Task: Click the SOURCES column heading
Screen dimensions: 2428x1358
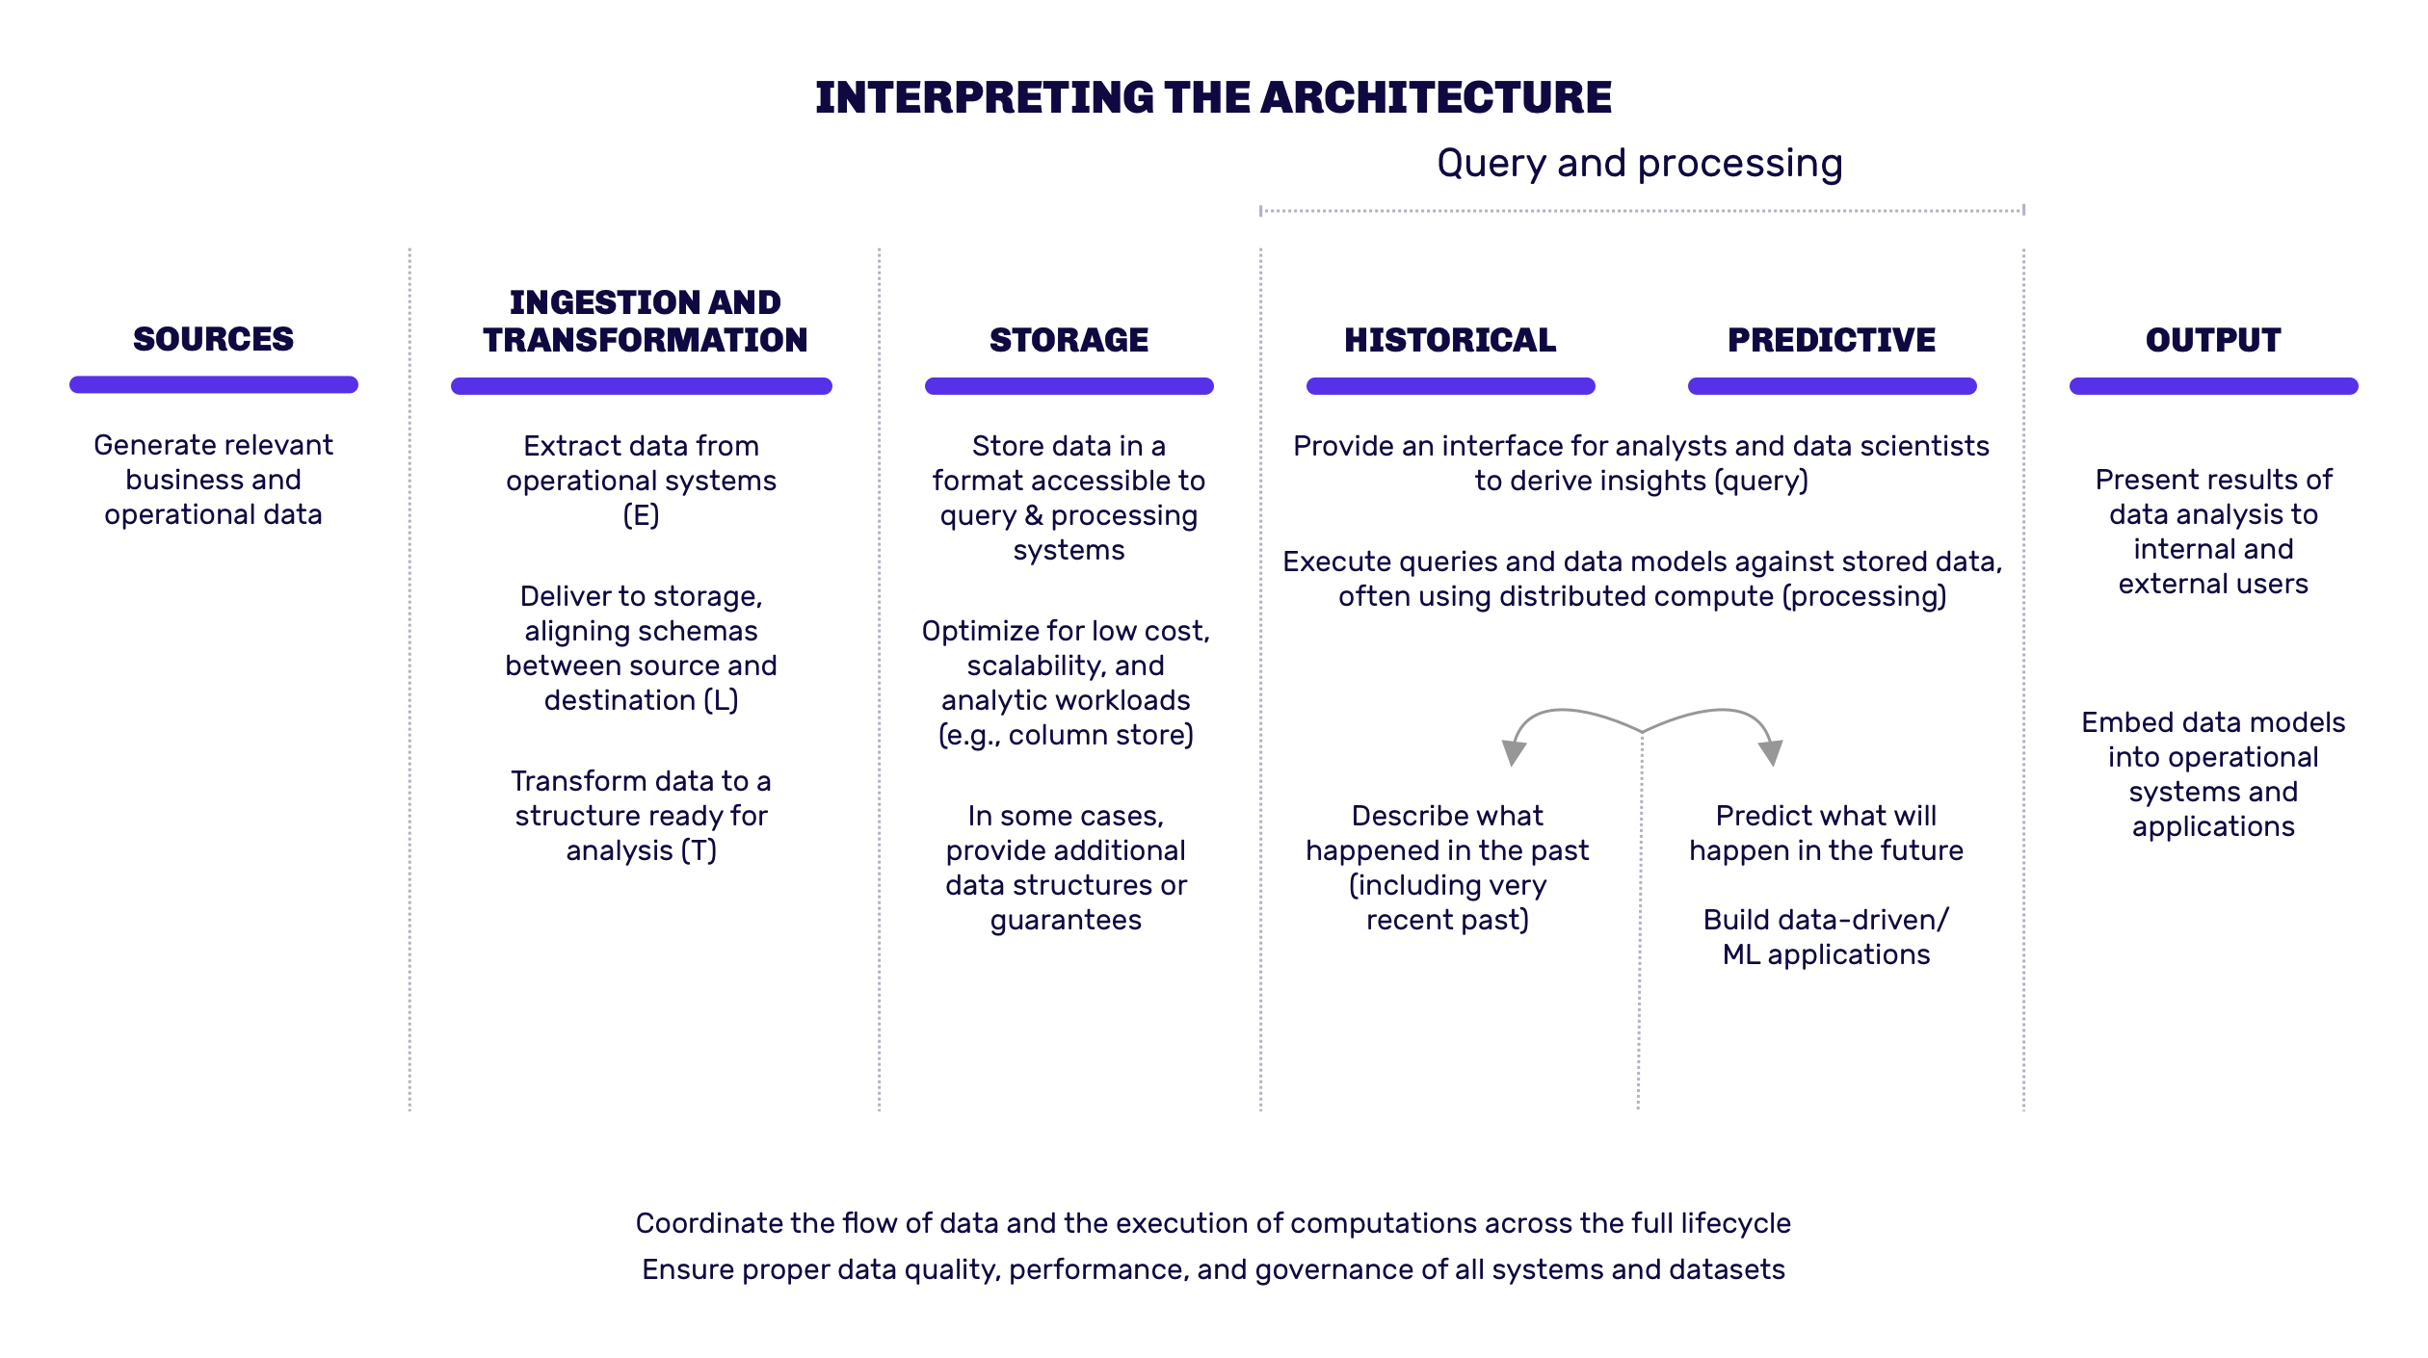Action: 213,339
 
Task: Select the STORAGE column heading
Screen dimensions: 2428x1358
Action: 1069,340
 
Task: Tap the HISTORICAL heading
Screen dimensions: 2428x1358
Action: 1450,340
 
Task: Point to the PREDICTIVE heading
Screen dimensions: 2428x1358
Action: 1832,340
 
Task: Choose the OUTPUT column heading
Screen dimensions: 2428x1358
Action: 2213,340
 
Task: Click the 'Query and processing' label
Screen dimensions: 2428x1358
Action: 1640,164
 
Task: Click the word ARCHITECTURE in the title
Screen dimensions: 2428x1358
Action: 1436,97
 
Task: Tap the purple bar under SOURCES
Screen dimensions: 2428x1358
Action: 214,384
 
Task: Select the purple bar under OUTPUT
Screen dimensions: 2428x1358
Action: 2214,386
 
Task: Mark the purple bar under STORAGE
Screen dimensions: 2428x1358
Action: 1069,386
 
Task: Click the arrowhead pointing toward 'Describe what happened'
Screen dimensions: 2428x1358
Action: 1514,752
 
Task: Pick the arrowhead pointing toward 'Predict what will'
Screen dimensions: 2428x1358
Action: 1771,752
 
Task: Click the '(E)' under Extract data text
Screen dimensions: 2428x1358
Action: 641,516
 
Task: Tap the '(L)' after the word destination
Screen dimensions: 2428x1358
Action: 721,701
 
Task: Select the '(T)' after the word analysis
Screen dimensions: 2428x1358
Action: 699,851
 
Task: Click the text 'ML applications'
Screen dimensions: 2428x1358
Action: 1827,954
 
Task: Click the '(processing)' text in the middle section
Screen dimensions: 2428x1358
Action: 1864,597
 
